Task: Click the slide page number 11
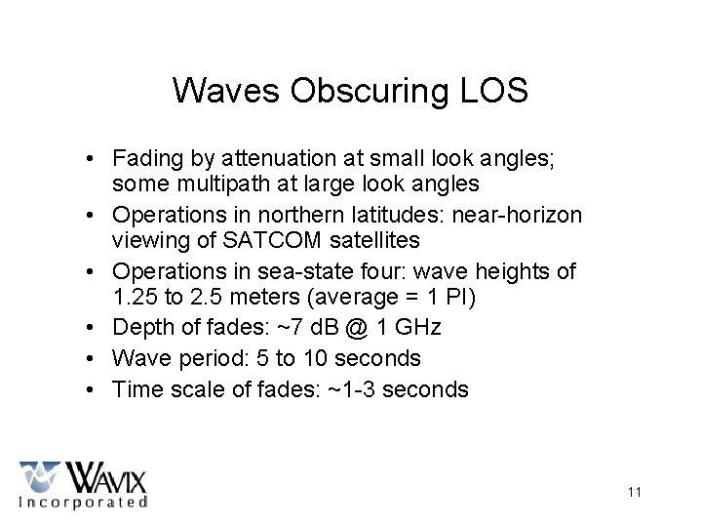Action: pyautogui.click(x=635, y=492)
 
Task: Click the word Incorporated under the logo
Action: pyautogui.click(x=83, y=502)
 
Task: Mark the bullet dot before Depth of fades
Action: pyautogui.click(x=89, y=327)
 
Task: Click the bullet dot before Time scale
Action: pyautogui.click(x=89, y=389)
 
